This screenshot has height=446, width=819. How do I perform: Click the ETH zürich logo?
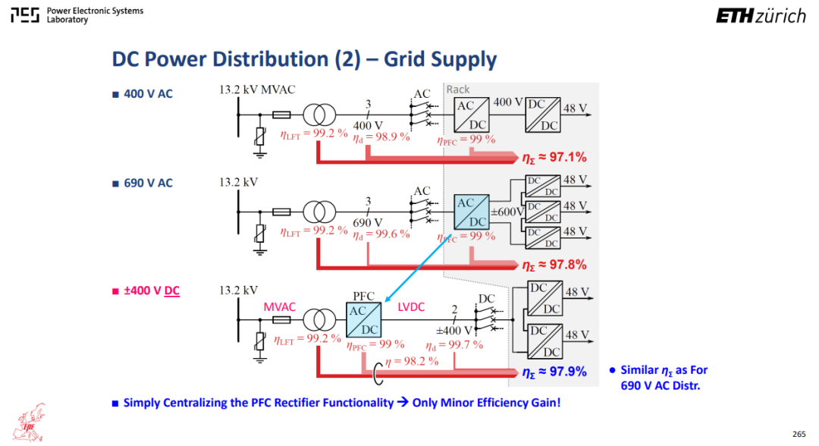(x=761, y=16)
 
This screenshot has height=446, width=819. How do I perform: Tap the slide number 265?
(x=799, y=434)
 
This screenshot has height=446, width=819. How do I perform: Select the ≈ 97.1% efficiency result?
(x=554, y=157)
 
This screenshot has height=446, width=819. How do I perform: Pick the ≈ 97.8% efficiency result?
(x=554, y=265)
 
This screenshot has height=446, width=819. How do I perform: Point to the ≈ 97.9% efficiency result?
(x=554, y=372)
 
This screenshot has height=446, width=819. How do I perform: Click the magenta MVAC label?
(x=279, y=307)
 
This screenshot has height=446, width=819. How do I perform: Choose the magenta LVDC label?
(x=411, y=307)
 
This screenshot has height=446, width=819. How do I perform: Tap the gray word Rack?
(x=457, y=90)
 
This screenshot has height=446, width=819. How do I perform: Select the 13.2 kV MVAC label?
(x=257, y=90)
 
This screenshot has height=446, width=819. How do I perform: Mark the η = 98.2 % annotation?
(x=412, y=361)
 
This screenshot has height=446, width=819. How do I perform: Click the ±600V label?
(x=507, y=212)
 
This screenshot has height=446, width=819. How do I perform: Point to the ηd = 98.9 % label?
(x=381, y=137)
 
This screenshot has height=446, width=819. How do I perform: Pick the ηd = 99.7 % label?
(x=454, y=345)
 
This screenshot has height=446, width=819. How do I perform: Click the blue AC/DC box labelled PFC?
(x=363, y=319)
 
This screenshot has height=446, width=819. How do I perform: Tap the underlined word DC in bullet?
(x=172, y=291)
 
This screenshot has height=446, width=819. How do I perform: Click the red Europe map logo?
(x=30, y=422)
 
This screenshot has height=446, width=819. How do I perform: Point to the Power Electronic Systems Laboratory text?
(x=95, y=15)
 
